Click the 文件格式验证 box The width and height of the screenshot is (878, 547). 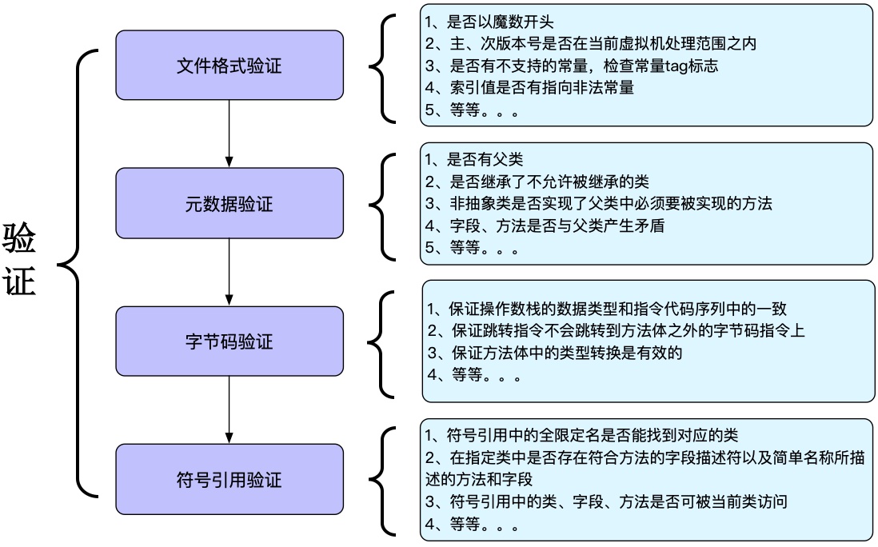tap(229, 66)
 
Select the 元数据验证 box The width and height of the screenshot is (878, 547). tap(229, 204)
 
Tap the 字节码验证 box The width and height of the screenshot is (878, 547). tap(229, 341)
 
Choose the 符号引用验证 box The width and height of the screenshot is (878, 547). tap(229, 480)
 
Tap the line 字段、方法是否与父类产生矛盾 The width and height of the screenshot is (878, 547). tap(544, 226)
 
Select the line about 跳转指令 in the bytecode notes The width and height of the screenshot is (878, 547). tap(616, 330)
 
